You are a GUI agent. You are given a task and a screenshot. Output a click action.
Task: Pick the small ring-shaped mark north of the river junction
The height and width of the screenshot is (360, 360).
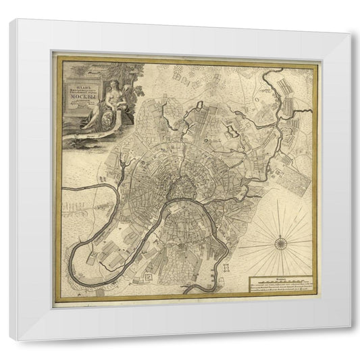(201, 104)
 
